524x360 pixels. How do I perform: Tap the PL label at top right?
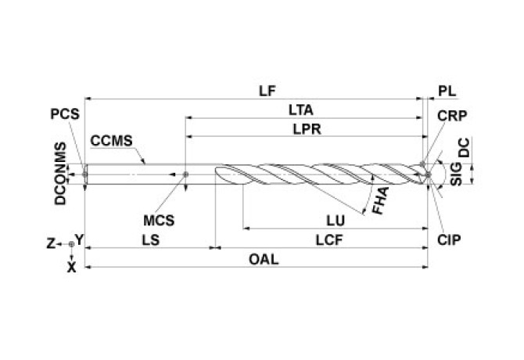pyautogui.click(x=447, y=90)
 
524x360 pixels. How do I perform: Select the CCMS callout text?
pyautogui.click(x=111, y=142)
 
